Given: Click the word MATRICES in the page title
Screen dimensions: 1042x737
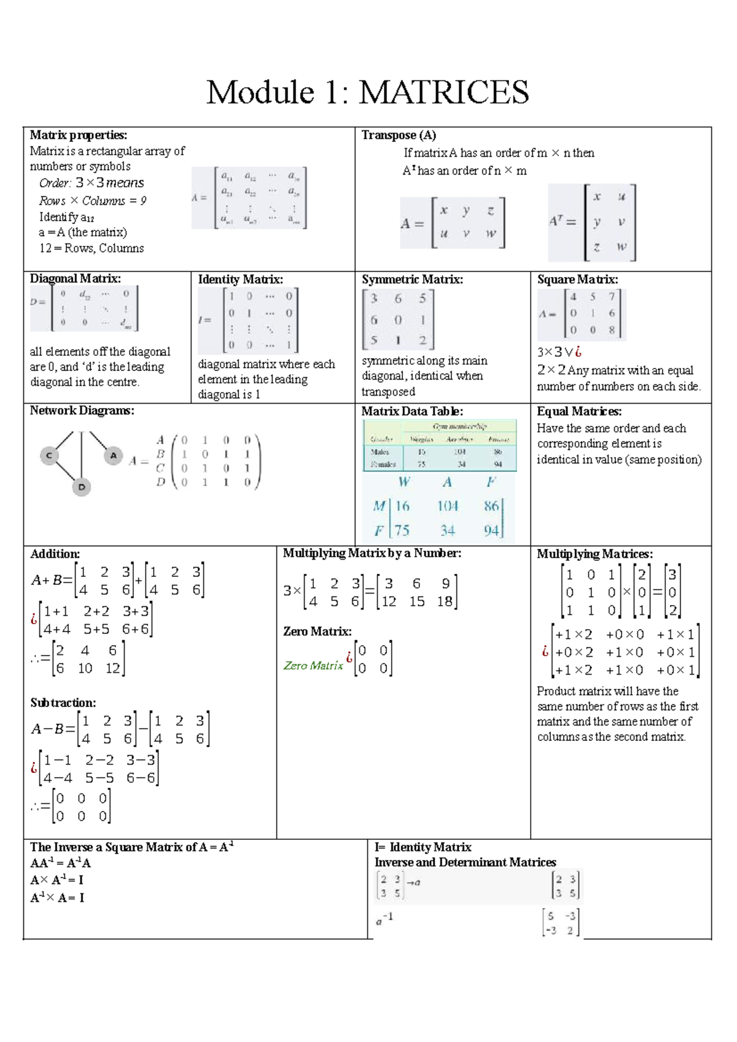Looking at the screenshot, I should (x=443, y=93).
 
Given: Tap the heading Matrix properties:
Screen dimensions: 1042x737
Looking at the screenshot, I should (x=79, y=135).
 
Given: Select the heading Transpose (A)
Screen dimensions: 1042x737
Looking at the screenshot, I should (x=399, y=135).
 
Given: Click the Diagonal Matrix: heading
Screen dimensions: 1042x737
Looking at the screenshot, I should (x=76, y=279).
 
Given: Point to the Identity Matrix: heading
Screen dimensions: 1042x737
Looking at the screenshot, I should (x=240, y=280).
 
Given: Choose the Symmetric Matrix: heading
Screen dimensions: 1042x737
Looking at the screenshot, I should (x=412, y=280).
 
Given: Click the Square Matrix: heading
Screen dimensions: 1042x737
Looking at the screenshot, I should (x=577, y=280).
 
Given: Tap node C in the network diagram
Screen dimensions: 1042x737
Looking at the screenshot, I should (x=49, y=456).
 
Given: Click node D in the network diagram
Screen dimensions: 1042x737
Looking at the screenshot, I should (x=82, y=487).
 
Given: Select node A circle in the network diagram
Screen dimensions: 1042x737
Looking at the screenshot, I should (x=113, y=456).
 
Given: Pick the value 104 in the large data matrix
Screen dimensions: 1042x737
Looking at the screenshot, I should (x=448, y=506).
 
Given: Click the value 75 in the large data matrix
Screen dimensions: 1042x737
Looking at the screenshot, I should (x=402, y=530).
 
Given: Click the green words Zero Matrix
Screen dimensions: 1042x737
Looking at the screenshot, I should (x=313, y=665).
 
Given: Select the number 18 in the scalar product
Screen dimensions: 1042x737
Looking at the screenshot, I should (x=445, y=601).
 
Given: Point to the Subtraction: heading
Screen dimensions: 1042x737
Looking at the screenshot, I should (x=63, y=703).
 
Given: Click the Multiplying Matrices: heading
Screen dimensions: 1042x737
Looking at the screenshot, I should (x=595, y=554).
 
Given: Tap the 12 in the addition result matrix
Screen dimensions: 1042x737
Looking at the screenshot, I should (x=112, y=668).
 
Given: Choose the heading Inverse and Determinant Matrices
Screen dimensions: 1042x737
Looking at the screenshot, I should (x=465, y=863).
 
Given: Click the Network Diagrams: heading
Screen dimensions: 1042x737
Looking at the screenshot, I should (x=82, y=411).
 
